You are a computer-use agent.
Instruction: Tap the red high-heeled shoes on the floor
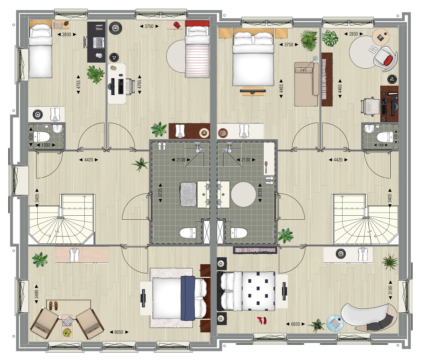[x=262, y=320]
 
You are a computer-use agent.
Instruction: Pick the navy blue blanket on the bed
[x=188, y=298]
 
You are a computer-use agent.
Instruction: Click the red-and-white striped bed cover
[x=197, y=61]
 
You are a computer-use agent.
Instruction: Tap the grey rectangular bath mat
[x=188, y=194]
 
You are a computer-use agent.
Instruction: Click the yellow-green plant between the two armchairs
[x=67, y=332]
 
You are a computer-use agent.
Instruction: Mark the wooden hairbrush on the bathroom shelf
[x=266, y=167]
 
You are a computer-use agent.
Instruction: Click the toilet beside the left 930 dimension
[x=42, y=137]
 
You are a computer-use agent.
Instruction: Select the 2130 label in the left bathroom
[x=181, y=160]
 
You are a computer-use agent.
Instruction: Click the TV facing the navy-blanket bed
[x=143, y=298]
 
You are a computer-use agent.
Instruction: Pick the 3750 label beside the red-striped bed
[x=149, y=26]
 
